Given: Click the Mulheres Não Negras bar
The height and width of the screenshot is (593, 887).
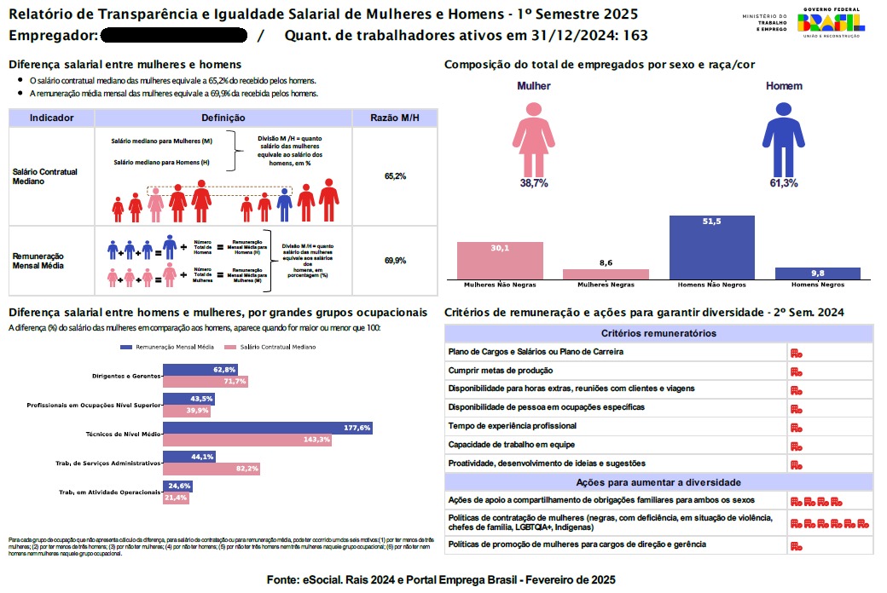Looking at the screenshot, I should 500,260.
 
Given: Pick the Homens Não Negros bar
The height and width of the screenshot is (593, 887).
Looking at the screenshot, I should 712,247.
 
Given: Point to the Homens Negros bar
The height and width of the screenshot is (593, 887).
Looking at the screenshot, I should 818,273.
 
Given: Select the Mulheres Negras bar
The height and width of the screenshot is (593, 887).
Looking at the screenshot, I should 606,273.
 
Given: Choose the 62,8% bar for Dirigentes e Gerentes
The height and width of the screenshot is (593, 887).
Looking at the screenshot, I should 200,370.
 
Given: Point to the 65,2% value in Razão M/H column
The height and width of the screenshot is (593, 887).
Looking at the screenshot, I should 395,176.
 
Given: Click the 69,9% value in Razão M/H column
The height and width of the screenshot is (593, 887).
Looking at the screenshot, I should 395,261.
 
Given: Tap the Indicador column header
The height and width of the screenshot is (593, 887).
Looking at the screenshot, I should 51,118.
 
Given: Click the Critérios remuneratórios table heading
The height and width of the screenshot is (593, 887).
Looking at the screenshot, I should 658,333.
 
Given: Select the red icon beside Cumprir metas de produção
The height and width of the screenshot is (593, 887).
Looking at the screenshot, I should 796,371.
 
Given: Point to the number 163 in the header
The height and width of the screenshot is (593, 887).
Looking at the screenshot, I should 635,36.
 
